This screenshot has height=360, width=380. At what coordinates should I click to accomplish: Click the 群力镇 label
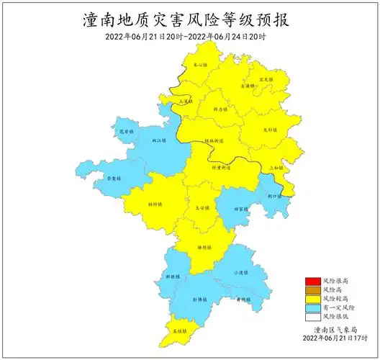click(221, 109)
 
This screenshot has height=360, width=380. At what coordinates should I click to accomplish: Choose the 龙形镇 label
click(270, 130)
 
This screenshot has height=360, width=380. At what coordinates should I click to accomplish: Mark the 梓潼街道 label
click(222, 167)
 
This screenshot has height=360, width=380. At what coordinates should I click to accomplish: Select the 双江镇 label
click(159, 141)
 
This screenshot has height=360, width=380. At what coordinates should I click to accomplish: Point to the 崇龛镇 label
click(114, 177)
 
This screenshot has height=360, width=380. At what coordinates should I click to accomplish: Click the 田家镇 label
click(241, 210)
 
